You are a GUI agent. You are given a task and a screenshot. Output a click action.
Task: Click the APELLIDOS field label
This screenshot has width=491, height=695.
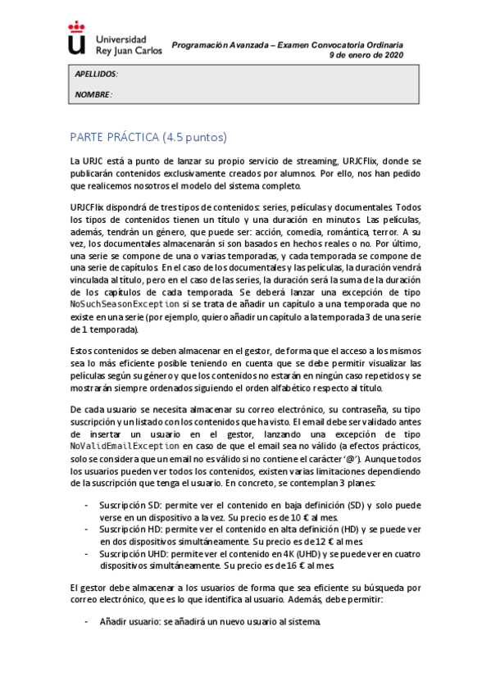point(96,74)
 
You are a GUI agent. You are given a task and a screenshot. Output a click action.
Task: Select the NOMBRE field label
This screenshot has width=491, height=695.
point(93,95)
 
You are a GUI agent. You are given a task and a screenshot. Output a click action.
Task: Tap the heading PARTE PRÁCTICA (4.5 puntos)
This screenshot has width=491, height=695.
point(148,137)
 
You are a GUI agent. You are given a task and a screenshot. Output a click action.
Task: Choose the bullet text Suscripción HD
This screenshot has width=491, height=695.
point(135,529)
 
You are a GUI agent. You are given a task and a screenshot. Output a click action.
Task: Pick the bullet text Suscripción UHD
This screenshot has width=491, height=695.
point(138,554)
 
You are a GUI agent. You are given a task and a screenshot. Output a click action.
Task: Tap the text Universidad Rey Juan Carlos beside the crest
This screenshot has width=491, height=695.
point(129,44)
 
